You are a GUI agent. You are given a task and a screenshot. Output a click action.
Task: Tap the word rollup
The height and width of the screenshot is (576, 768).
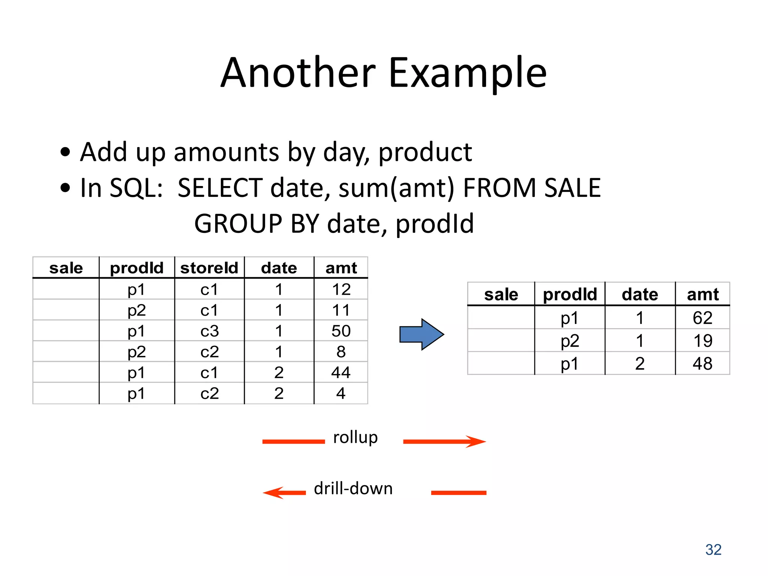click(x=355, y=438)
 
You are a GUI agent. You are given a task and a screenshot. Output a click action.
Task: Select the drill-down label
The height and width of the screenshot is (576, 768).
click(x=353, y=489)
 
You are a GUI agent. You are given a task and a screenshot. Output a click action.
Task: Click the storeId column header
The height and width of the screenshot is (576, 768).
click(x=209, y=268)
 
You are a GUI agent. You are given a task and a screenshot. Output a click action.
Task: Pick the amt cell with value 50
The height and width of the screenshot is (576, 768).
click(x=341, y=331)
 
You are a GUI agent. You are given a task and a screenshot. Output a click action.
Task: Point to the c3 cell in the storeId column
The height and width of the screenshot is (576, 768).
click(x=209, y=331)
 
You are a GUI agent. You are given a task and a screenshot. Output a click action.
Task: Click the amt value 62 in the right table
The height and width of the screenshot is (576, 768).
click(x=702, y=318)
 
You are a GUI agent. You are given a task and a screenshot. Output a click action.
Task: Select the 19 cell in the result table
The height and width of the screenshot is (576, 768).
click(x=702, y=341)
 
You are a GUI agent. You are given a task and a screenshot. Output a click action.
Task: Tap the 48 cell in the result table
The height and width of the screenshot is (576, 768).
click(x=702, y=364)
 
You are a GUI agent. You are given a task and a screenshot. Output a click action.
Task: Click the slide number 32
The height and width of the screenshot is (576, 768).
click(x=713, y=550)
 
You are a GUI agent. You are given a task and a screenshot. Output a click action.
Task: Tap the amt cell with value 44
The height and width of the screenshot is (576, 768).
click(x=341, y=372)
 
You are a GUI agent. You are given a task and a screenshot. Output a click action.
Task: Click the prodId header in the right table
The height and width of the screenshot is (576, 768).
click(x=570, y=294)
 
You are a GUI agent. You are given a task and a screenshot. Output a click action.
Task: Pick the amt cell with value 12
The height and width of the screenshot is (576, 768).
click(x=341, y=289)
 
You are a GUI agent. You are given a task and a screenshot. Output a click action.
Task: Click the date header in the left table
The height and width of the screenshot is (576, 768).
click(x=279, y=268)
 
